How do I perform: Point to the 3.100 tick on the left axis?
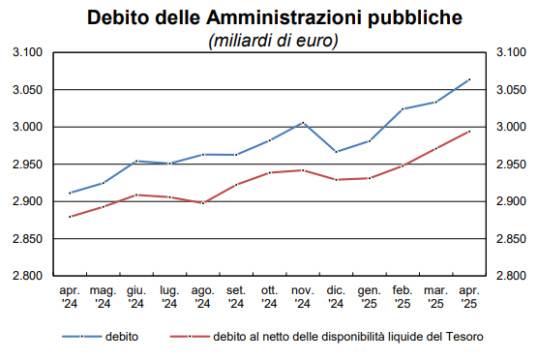(30, 53)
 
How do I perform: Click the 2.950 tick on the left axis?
(30, 165)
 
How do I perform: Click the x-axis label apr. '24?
(70, 296)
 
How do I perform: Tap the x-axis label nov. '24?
(302, 296)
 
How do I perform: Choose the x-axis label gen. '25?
(369, 296)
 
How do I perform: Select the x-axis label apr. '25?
(469, 296)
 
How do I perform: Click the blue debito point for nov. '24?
(303, 123)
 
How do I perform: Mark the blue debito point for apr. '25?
(469, 79)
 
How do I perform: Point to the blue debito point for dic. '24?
(336, 152)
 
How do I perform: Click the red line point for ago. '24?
(202, 202)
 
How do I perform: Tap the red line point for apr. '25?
(469, 131)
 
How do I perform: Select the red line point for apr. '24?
(70, 217)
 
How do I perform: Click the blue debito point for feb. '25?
(403, 109)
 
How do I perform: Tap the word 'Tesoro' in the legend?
(463, 338)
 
